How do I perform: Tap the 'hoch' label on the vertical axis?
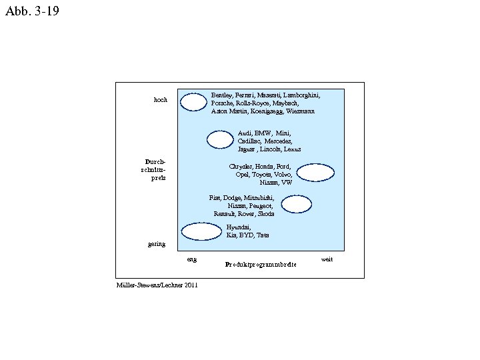pos(161,100)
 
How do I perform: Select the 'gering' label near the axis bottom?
pos(157,244)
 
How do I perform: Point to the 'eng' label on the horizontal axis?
pos(192,259)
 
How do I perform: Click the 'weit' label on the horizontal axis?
pos(327,259)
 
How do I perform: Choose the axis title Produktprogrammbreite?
pos(261,265)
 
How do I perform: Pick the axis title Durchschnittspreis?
pos(155,170)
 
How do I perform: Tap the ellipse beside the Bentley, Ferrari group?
pos(194,102)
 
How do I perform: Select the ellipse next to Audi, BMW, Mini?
pos(219,140)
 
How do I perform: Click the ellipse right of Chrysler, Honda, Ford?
pos(315,173)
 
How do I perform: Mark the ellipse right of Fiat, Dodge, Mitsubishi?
pos(296,204)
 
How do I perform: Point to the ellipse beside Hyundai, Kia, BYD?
pos(201,231)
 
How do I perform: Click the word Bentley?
pos(223,95)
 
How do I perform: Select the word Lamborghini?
pos(303,95)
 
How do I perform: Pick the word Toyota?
pos(267,174)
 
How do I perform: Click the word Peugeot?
pos(261,206)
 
